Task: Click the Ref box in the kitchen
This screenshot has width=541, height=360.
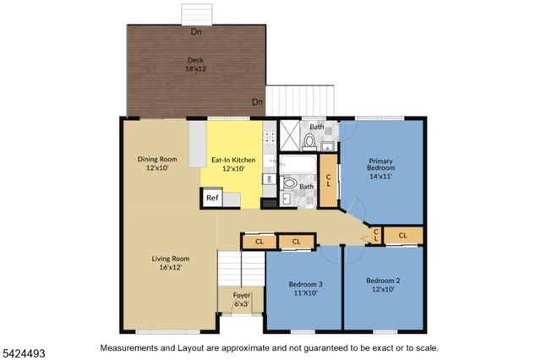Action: (211, 198)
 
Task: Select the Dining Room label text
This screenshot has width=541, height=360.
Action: (157, 163)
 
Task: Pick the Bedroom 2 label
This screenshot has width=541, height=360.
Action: (382, 285)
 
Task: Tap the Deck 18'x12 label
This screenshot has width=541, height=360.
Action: (194, 64)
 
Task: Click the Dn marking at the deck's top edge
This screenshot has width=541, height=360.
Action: (196, 32)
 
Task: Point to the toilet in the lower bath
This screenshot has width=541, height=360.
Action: (289, 183)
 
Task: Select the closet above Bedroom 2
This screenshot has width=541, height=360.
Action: (402, 235)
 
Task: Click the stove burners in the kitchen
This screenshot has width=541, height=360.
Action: (269, 135)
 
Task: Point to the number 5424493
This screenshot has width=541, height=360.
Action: (21, 348)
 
